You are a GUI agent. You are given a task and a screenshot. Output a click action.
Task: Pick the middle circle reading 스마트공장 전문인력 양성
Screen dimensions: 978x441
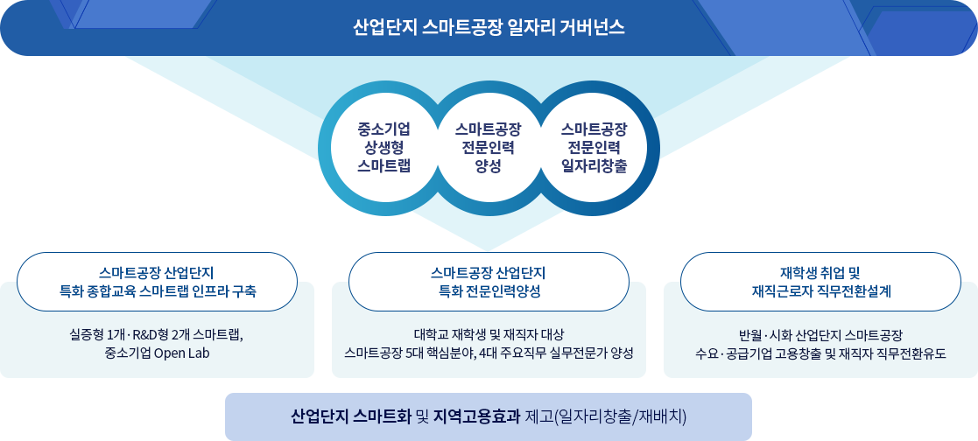coord(489,148)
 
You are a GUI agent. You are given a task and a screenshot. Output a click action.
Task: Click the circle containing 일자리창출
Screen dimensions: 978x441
coord(594,148)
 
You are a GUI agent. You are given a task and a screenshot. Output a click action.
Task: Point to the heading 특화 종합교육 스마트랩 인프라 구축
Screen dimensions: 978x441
coord(158,291)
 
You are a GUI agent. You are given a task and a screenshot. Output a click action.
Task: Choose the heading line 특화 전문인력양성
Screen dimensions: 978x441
coord(489,291)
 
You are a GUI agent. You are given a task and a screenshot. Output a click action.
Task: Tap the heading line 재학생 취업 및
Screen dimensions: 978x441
coord(820,273)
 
